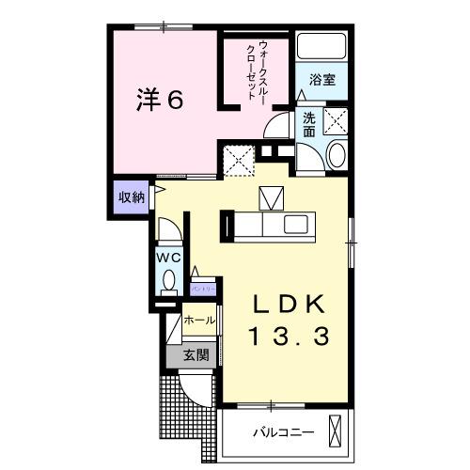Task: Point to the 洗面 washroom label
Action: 309,125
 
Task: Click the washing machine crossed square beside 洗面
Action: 335,121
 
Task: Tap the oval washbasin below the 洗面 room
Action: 336,156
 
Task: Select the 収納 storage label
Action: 131,197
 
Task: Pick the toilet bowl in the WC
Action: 168,280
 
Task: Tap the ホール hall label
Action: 198,321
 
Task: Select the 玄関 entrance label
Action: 196,355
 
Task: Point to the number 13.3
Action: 290,336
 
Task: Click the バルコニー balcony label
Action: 282,433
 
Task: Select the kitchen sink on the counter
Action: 297,226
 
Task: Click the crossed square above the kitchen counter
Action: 271,198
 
